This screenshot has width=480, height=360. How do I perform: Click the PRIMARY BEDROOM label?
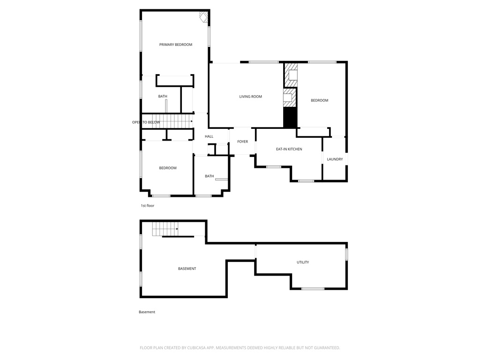tap(176, 45)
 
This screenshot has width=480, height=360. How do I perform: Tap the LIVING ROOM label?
tap(251, 97)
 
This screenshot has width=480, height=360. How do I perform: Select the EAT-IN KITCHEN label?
tap(289, 149)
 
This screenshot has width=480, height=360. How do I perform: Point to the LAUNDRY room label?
tap(335, 159)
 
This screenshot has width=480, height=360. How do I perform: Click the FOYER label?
tap(242, 142)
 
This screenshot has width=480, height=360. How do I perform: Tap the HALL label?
tap(209, 136)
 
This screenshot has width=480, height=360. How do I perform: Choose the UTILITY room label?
tap(303, 262)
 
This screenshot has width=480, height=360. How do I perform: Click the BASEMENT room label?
tap(187, 269)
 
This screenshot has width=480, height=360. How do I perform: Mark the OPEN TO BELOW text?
tap(146, 122)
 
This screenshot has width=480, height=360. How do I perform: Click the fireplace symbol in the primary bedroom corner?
tap(203, 17)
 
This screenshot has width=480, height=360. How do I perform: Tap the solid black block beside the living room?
tap(290, 118)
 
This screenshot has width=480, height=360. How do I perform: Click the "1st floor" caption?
tap(148, 206)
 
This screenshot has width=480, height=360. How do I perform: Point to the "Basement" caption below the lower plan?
tap(147, 312)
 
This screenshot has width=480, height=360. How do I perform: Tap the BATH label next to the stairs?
tap(163, 97)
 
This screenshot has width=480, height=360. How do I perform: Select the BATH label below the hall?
tap(210, 176)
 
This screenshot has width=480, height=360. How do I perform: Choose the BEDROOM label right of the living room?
tap(320, 100)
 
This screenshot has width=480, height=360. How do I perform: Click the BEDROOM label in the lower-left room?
tap(168, 168)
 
